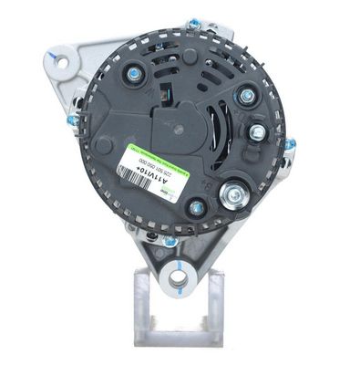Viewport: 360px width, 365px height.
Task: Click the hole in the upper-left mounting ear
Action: coord(57,61)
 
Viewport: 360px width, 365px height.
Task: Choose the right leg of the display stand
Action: coord(216,301)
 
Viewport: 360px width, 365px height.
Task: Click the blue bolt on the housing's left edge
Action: coord(72,120)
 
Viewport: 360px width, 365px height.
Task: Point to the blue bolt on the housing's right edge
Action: coord(290,144)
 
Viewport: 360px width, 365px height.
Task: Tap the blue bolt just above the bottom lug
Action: coord(170,241)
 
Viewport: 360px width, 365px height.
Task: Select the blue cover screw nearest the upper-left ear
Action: coord(133,73)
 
